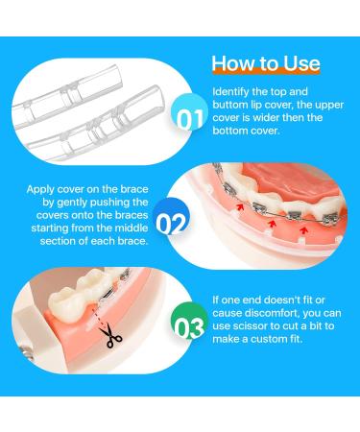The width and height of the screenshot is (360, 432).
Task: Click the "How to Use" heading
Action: coord(266,63)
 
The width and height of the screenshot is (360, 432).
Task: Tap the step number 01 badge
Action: coord(189,112)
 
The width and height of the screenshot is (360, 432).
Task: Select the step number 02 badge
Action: coord(171,217)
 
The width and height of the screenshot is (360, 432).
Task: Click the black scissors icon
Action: coord(113,336)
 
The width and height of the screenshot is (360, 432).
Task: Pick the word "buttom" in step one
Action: coord(228,105)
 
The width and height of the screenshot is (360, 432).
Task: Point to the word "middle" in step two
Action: coord(132,228)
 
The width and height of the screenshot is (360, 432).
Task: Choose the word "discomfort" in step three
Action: coord(272,313)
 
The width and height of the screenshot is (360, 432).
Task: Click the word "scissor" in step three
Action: coord(250,326)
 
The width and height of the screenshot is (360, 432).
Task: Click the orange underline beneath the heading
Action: coord(266,71)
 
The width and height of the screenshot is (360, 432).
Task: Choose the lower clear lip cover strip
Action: coord(96,128)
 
